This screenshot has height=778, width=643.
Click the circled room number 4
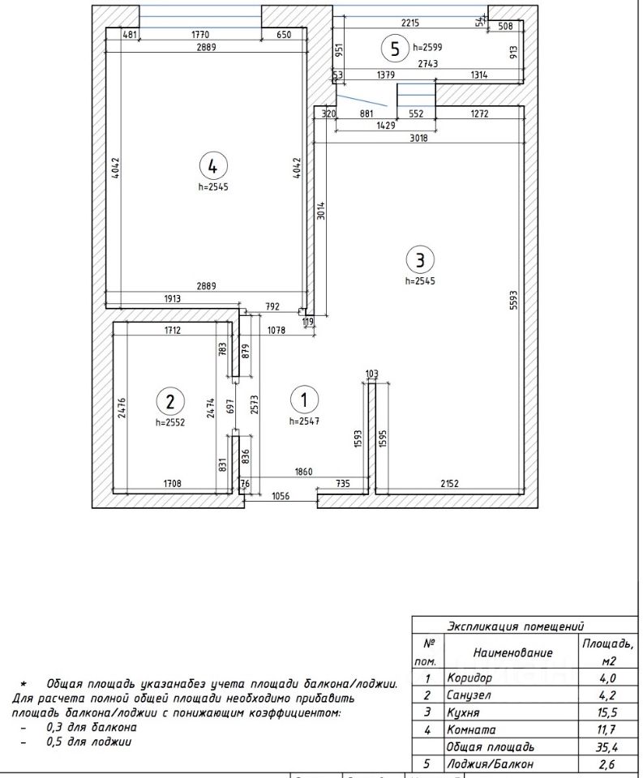pyautogui.click(x=212, y=165)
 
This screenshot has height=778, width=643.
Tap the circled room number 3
pyautogui.click(x=420, y=259)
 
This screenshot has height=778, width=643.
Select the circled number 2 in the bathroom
pyautogui.click(x=169, y=401)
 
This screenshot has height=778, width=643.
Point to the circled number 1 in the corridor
pyautogui.click(x=304, y=400)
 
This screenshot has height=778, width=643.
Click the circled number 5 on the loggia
pyautogui.click(x=395, y=49)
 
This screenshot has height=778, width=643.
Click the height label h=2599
pyautogui.click(x=427, y=48)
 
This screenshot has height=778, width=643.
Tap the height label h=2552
pyautogui.click(x=170, y=422)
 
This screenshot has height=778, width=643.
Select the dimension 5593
pyautogui.click(x=513, y=300)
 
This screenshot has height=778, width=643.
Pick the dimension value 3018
pyautogui.click(x=418, y=138)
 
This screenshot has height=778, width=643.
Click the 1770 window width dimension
pyautogui.click(x=200, y=34)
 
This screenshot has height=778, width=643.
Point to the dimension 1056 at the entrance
pyautogui.click(x=280, y=496)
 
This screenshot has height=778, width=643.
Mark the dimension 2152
pyautogui.click(x=449, y=483)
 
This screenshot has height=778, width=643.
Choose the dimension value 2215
pyautogui.click(x=410, y=23)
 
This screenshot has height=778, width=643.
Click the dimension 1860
pyautogui.click(x=303, y=472)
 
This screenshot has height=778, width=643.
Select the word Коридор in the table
pyautogui.click(x=469, y=678)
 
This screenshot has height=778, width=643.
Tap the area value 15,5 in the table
pyautogui.click(x=607, y=712)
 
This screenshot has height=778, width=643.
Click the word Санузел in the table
pyautogui.click(x=468, y=695)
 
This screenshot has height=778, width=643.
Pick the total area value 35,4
pyautogui.click(x=607, y=746)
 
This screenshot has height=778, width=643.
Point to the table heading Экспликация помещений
pyautogui.click(x=516, y=626)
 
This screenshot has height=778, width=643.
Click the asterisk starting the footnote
pyautogui.click(x=23, y=686)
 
